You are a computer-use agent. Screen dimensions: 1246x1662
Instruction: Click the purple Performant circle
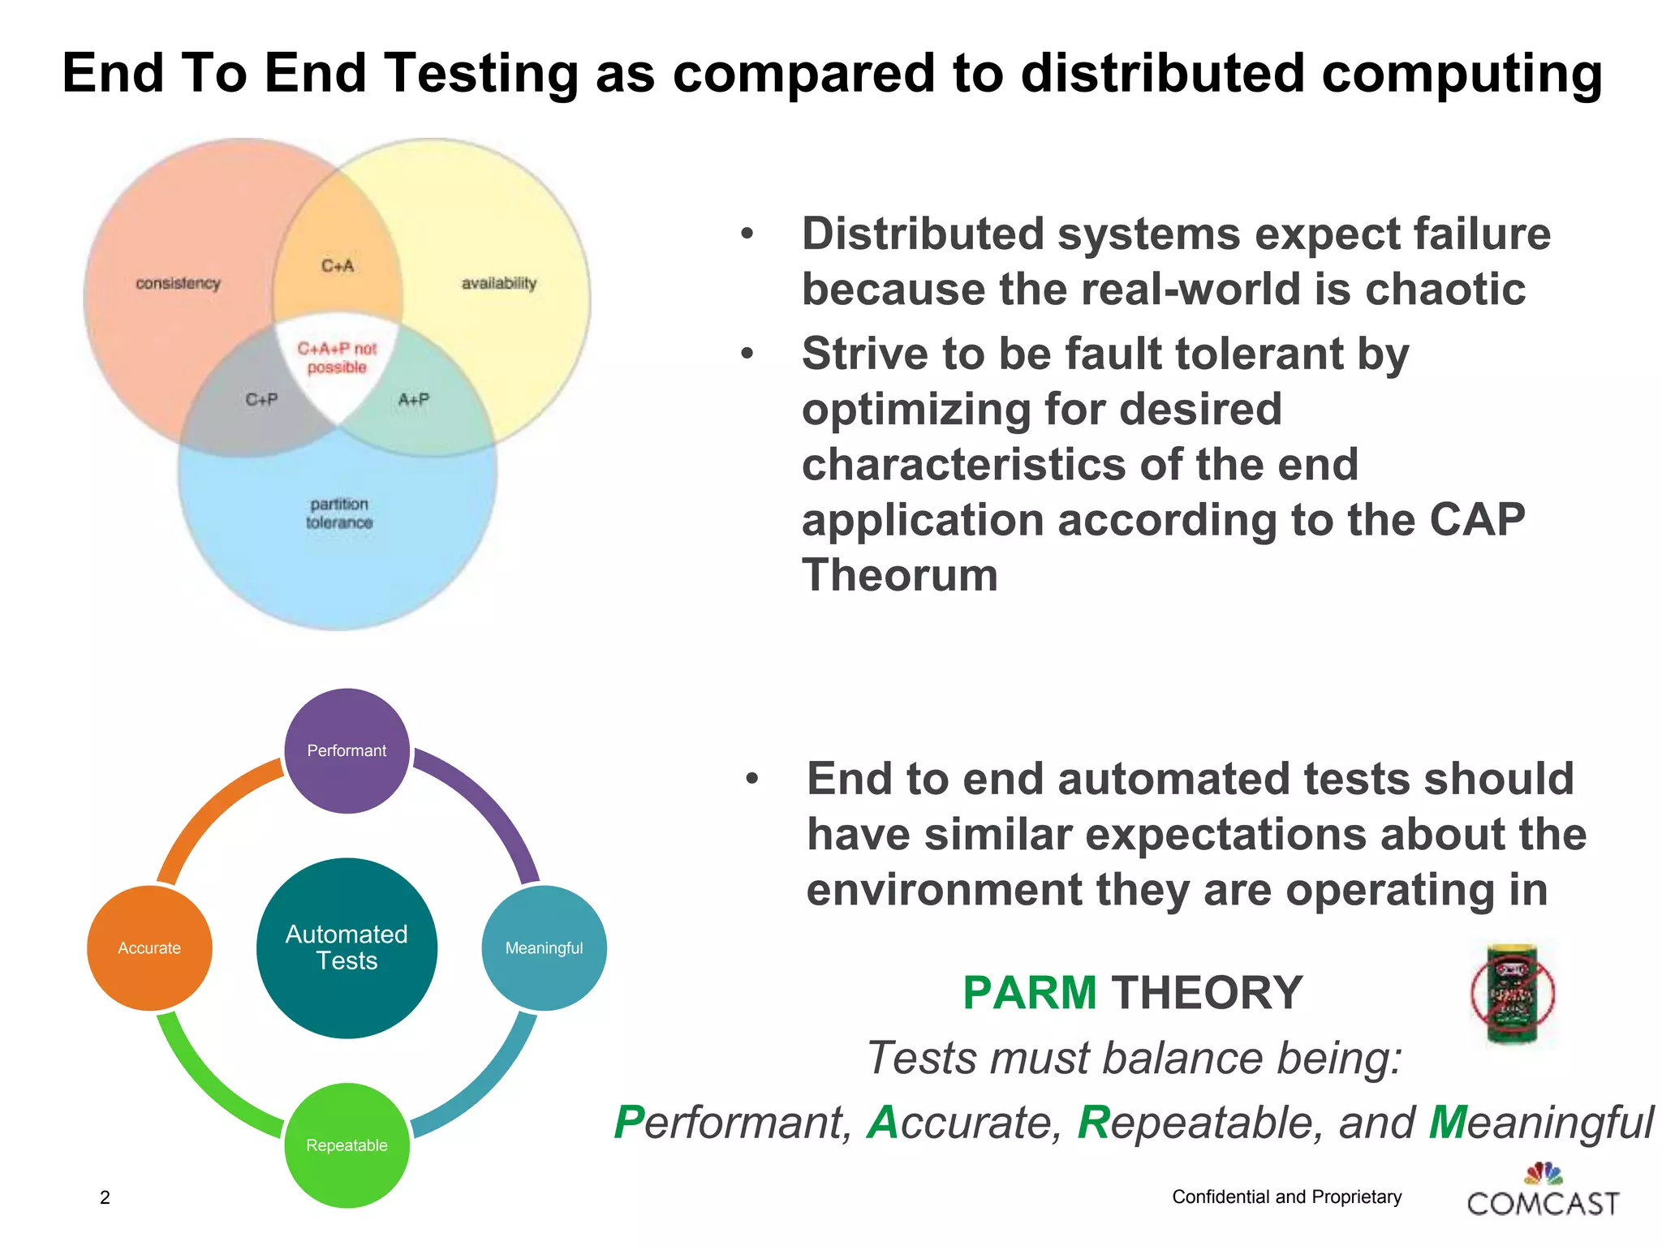[347, 750]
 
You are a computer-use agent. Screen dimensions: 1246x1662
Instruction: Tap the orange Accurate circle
[149, 947]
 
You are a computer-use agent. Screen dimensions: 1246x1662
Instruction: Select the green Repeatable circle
[347, 1145]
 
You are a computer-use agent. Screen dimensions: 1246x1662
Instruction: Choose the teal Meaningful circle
[544, 947]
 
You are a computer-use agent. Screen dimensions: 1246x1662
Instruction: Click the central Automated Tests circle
[347, 947]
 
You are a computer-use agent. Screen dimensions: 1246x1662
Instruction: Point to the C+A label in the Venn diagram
[338, 266]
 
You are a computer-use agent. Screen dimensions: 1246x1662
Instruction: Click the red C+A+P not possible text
[337, 358]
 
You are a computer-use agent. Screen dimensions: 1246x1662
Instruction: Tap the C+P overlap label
[261, 400]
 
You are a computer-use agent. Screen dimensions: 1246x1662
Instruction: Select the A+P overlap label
[413, 400]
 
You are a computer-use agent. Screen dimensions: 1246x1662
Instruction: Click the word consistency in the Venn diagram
[178, 283]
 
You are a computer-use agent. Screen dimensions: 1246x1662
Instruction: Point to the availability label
[499, 283]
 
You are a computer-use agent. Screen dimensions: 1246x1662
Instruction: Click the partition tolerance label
[339, 513]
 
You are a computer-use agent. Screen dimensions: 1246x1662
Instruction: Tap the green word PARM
[1029, 993]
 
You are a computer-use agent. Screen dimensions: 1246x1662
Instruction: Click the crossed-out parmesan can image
[1512, 995]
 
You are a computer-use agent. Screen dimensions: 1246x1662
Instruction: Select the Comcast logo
[1543, 1192]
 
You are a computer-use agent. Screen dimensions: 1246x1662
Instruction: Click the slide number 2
[105, 1197]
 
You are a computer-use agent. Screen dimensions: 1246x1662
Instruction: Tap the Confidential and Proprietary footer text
[1286, 1197]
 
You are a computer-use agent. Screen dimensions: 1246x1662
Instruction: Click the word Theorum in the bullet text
[899, 575]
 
